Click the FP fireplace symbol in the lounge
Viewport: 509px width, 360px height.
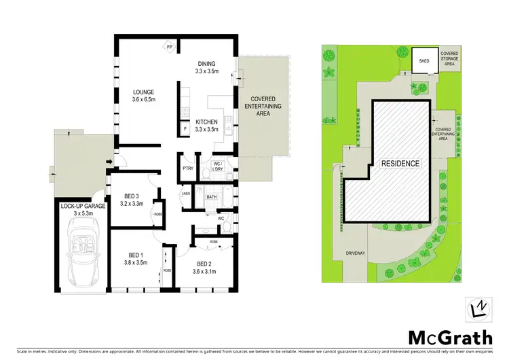pyautogui.click(x=170, y=47)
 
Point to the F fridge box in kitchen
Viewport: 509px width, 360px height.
pyautogui.click(x=185, y=128)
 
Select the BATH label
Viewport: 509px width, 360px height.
pyautogui.click(x=211, y=198)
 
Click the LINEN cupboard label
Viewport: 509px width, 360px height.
pyautogui.click(x=185, y=194)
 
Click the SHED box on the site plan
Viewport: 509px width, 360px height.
pyautogui.click(x=424, y=60)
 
